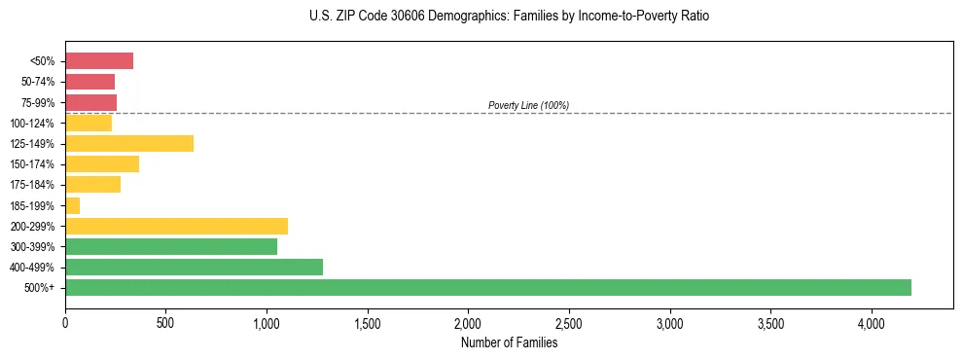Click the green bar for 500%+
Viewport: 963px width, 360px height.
tap(487, 287)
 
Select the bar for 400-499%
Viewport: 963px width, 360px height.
tap(194, 267)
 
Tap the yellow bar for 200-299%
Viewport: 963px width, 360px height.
tap(176, 226)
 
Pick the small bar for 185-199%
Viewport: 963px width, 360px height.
tap(73, 205)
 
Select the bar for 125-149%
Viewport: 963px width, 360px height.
tap(129, 144)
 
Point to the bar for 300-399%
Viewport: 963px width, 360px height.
tap(171, 246)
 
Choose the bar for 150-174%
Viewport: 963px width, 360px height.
tap(102, 164)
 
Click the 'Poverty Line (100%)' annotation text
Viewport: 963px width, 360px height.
tap(528, 105)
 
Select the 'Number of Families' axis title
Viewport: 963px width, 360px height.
tap(509, 342)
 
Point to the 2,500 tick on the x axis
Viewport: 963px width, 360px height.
tap(569, 323)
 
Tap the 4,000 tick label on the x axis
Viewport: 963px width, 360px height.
tap(872, 323)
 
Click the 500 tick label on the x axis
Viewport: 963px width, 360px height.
tap(165, 323)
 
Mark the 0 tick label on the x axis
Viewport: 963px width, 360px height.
tap(65, 323)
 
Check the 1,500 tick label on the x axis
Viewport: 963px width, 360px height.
tap(368, 323)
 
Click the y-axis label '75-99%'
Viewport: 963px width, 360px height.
tap(38, 103)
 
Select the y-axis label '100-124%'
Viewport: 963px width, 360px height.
tap(32, 124)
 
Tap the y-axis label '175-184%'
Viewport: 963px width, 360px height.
tap(32, 185)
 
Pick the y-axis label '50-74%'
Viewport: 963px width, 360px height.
tap(38, 83)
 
